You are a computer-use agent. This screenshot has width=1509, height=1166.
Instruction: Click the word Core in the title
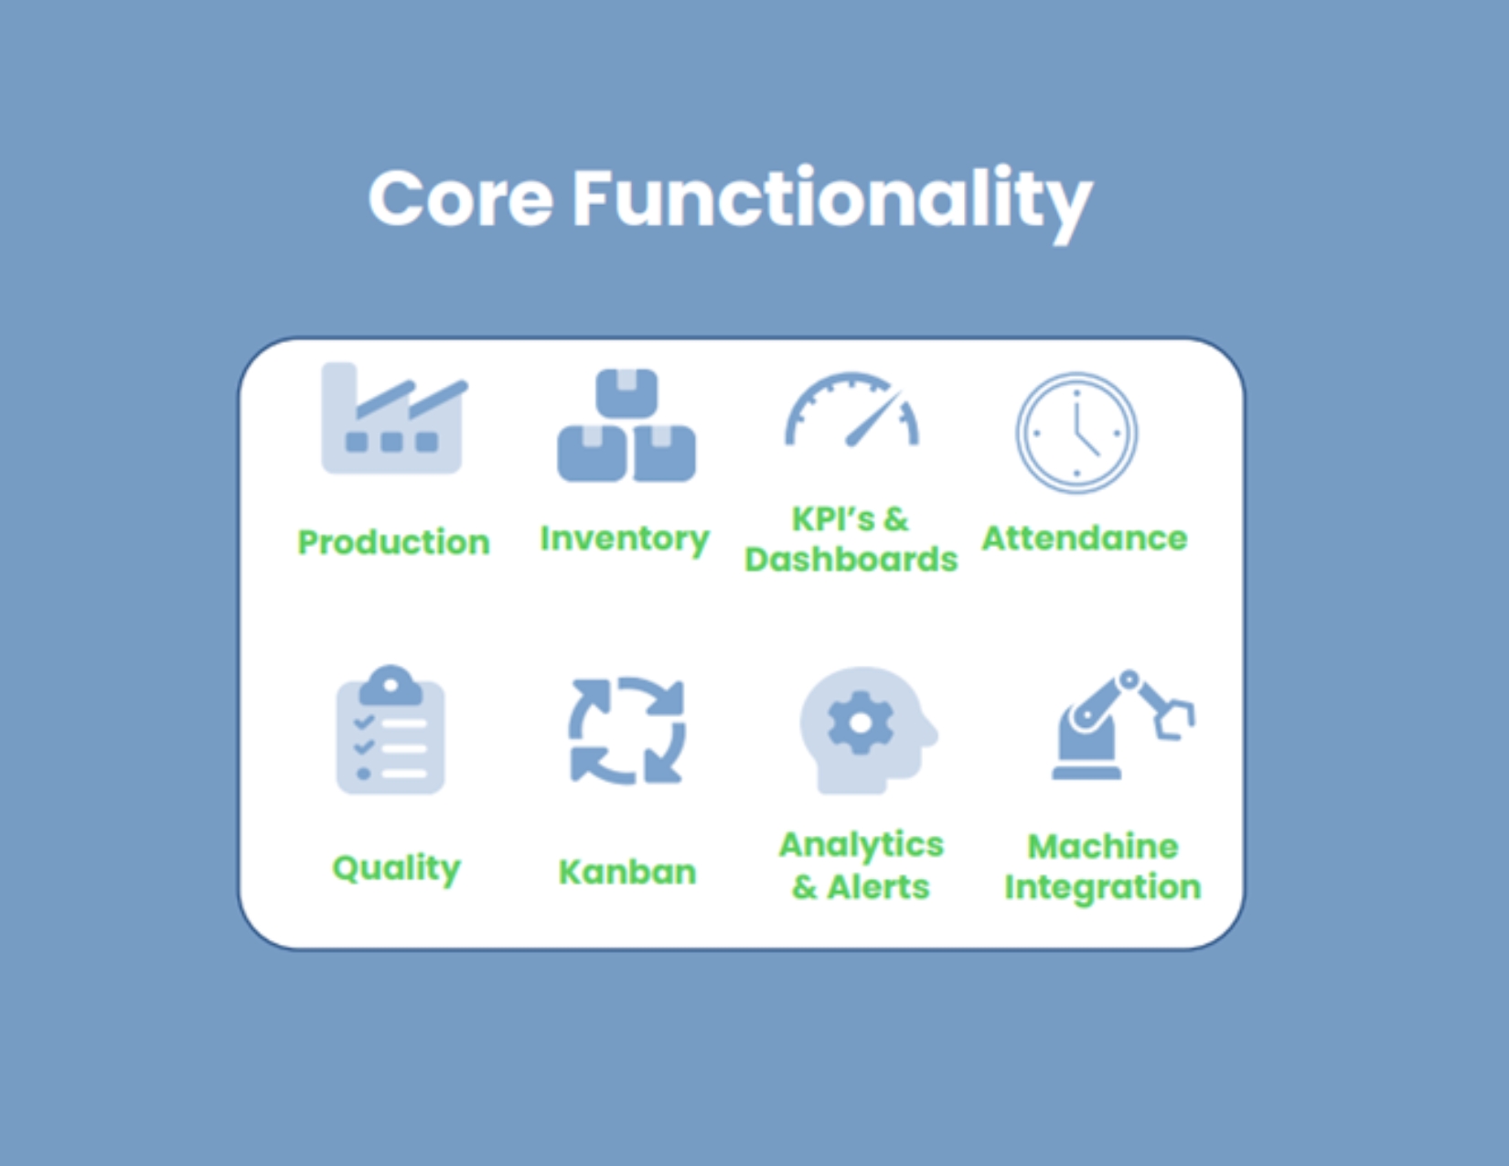tap(461, 198)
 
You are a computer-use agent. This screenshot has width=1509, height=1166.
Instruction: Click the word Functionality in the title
tap(832, 204)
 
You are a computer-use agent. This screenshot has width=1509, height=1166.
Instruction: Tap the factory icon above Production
tap(394, 419)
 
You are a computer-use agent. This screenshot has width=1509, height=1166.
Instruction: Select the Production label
tap(394, 542)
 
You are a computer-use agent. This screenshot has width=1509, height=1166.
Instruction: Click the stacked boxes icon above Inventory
tap(626, 426)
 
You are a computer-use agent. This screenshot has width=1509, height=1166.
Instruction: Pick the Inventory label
tap(625, 540)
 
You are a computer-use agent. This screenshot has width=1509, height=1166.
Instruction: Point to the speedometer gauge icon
tap(852, 410)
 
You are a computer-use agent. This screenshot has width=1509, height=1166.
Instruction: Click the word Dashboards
tap(851, 560)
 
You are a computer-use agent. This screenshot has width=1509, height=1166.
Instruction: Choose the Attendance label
tap(1085, 539)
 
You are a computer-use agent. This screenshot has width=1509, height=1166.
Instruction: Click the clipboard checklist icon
tap(391, 729)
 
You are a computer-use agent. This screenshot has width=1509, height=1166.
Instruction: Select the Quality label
tap(397, 869)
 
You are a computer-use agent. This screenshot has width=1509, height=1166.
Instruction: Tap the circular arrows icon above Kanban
tap(627, 731)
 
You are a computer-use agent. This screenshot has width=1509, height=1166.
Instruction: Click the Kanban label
tap(627, 872)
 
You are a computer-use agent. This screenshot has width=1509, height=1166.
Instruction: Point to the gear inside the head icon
tap(862, 723)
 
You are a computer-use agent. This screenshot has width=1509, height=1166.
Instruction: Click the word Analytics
tap(862, 845)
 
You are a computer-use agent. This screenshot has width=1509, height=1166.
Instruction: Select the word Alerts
tap(879, 887)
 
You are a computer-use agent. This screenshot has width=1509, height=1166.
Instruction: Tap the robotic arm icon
tap(1124, 725)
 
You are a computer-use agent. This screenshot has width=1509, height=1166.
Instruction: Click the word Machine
tap(1103, 847)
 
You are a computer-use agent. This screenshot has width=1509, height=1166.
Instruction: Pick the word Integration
tap(1103, 888)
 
